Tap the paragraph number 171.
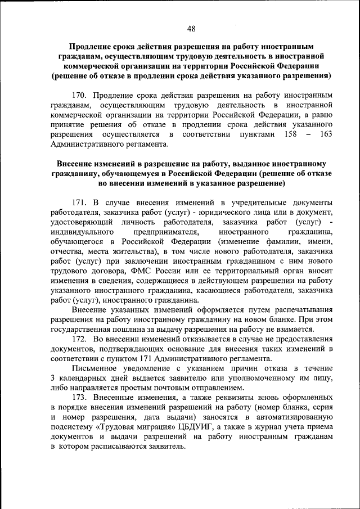tap(79, 201)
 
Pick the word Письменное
tap(94, 368)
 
